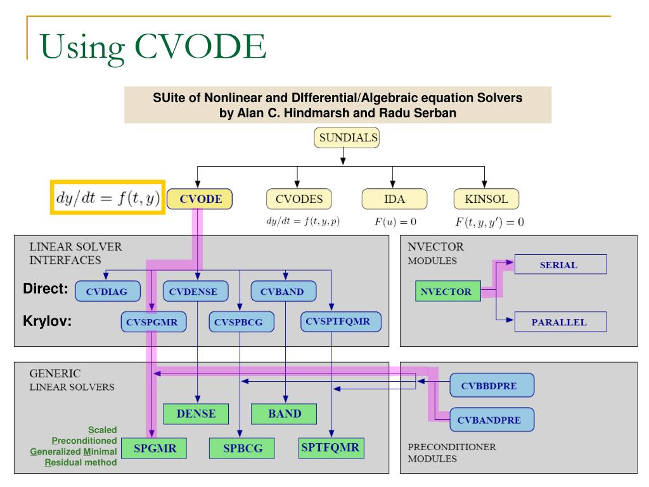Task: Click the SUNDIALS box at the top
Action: coord(347,137)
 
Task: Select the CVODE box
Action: coord(200,198)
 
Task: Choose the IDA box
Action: coord(392,198)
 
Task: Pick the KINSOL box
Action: coord(486,198)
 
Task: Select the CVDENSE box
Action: coord(195,292)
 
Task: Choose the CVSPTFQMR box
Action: coord(341,321)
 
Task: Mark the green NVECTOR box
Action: coord(448,292)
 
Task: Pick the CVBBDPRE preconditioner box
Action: coord(492,385)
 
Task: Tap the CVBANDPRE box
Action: coord(492,419)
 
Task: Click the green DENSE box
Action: coord(196,414)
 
